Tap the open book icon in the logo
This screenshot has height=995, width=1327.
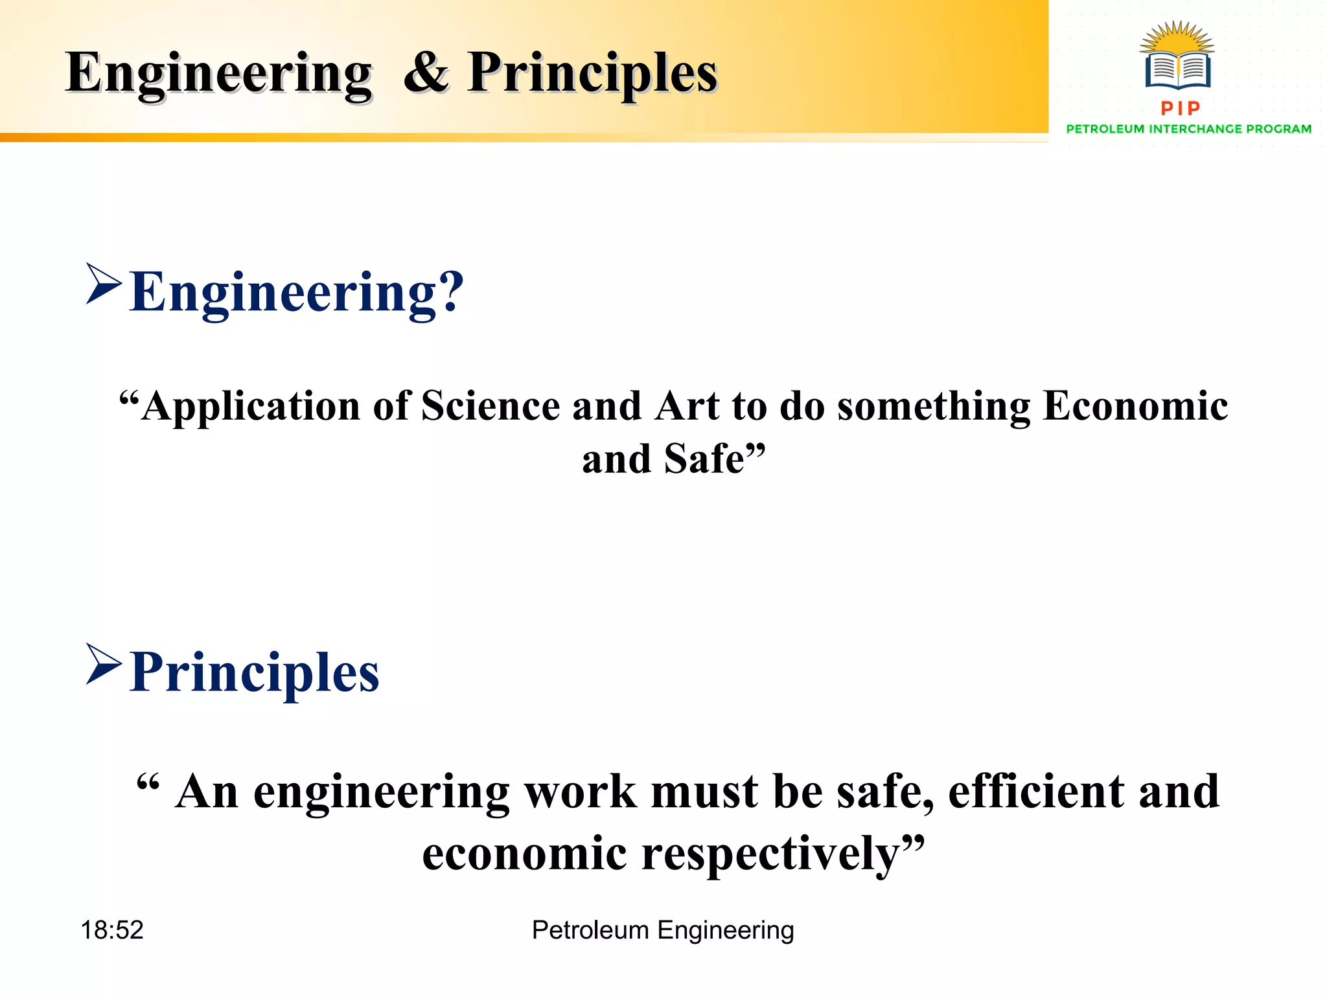pos(1177,69)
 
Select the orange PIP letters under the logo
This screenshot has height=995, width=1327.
pos(1181,108)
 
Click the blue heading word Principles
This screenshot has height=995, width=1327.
pos(254,672)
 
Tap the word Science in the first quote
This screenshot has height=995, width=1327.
pos(490,407)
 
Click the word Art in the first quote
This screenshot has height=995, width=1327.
pos(686,407)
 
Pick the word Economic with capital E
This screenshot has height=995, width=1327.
pos(1135,407)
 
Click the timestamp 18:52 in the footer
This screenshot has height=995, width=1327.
pos(111,930)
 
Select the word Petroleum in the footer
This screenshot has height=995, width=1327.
pos(590,930)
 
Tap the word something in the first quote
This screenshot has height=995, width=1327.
pos(932,407)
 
